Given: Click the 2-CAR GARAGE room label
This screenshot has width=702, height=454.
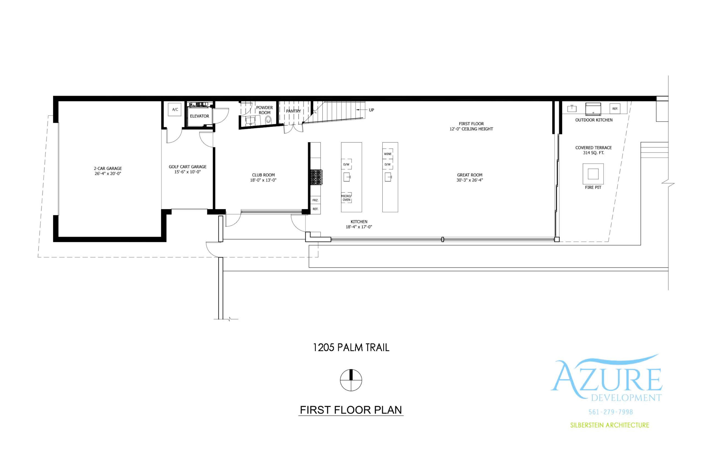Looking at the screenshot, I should click(108, 168).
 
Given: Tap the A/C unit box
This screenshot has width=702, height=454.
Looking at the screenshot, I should click(175, 109).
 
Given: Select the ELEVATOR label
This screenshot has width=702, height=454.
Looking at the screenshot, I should click(199, 116).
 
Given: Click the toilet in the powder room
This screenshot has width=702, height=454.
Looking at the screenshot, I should click(268, 120).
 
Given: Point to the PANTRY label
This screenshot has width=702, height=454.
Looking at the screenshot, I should click(293, 111).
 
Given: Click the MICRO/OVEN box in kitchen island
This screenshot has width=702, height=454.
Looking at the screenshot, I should click(346, 198).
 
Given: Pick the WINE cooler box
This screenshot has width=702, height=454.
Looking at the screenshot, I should click(388, 154).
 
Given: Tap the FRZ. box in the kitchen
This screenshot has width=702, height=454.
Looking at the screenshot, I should click(315, 200).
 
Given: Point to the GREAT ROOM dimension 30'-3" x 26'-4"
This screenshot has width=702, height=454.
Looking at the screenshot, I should click(470, 180).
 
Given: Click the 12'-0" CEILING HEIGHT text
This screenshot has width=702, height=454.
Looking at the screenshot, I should click(471, 129).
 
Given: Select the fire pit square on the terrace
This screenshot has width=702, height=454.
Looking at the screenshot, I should click(593, 174).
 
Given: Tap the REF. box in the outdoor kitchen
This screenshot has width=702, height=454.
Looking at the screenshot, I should click(615, 109).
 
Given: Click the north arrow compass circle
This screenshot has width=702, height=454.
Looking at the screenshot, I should click(351, 380).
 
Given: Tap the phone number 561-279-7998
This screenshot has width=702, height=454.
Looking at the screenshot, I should click(611, 412).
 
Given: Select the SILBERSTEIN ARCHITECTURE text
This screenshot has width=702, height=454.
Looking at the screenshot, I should click(609, 425).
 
